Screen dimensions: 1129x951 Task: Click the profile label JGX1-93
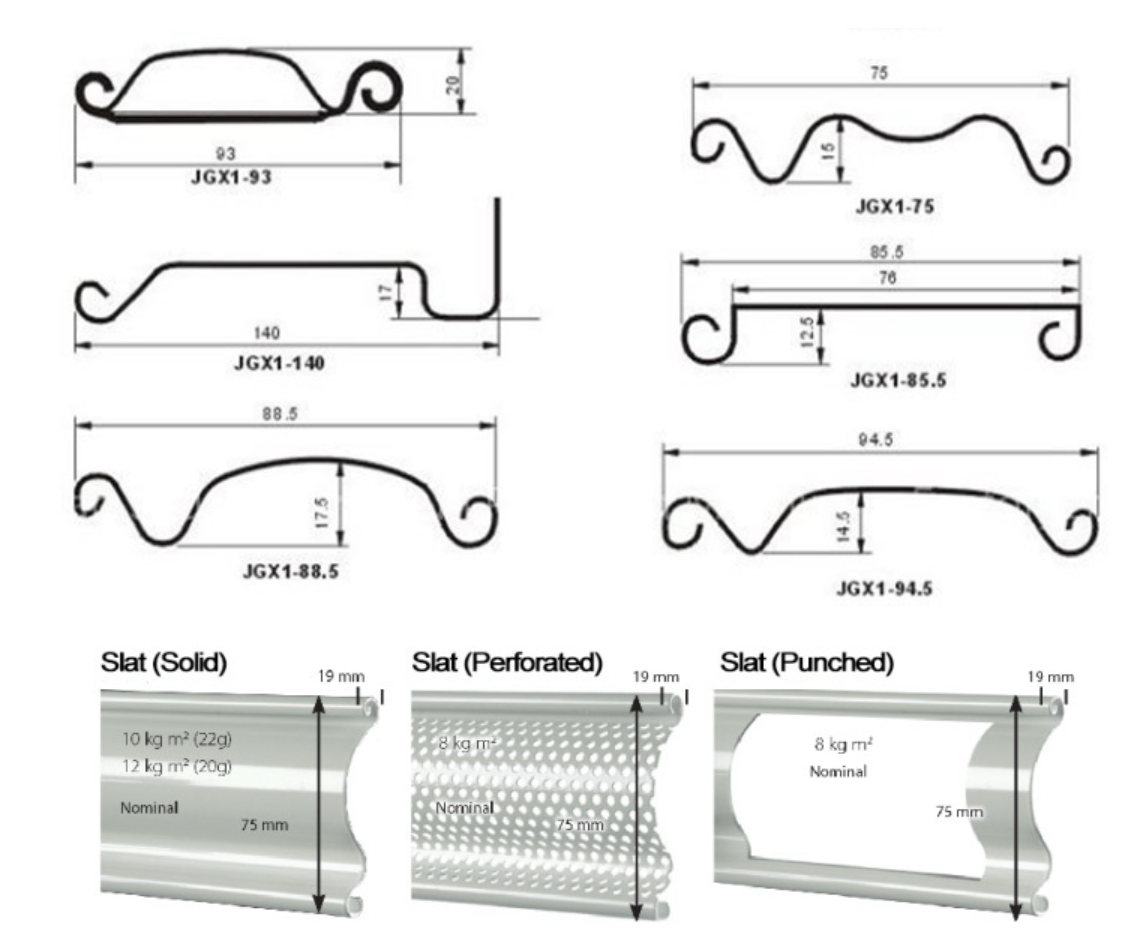tap(231, 177)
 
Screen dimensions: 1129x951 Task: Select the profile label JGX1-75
tap(895, 207)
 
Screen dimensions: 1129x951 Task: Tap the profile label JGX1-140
tap(279, 363)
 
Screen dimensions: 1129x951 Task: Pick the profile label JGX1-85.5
tap(898, 380)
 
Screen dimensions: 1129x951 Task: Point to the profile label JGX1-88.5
tap(291, 572)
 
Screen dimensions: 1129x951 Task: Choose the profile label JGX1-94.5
tap(884, 589)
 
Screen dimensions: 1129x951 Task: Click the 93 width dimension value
tap(225, 153)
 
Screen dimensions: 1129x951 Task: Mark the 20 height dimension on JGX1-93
tap(452, 85)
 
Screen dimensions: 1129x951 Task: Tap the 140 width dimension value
tap(266, 333)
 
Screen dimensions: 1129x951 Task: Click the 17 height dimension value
tap(387, 292)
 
